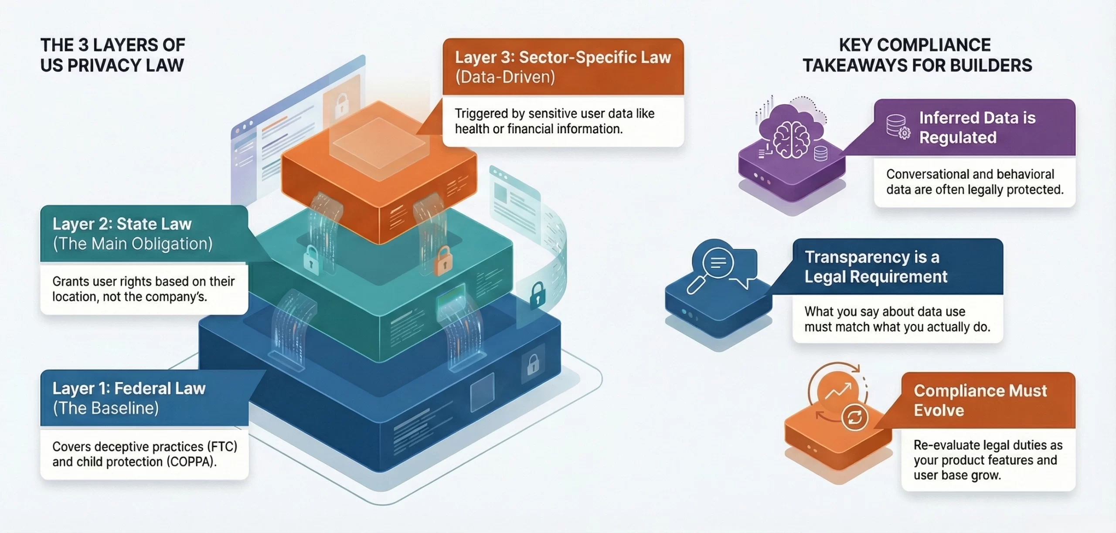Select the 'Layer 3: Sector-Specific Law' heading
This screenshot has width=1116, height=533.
click(x=563, y=58)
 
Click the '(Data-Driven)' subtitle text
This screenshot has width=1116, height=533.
click(x=505, y=77)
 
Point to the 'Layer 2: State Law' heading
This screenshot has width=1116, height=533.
click(x=122, y=224)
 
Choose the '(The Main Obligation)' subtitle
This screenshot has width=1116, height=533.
click(x=133, y=244)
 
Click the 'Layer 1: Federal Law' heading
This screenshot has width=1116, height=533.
click(x=129, y=388)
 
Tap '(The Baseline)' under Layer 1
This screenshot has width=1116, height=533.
click(x=106, y=408)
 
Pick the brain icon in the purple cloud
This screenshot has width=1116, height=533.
click(x=791, y=139)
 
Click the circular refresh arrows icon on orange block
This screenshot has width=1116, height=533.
click(x=854, y=418)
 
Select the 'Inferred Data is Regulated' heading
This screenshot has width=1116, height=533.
click(x=977, y=128)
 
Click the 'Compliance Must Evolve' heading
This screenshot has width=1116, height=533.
click(x=980, y=401)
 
